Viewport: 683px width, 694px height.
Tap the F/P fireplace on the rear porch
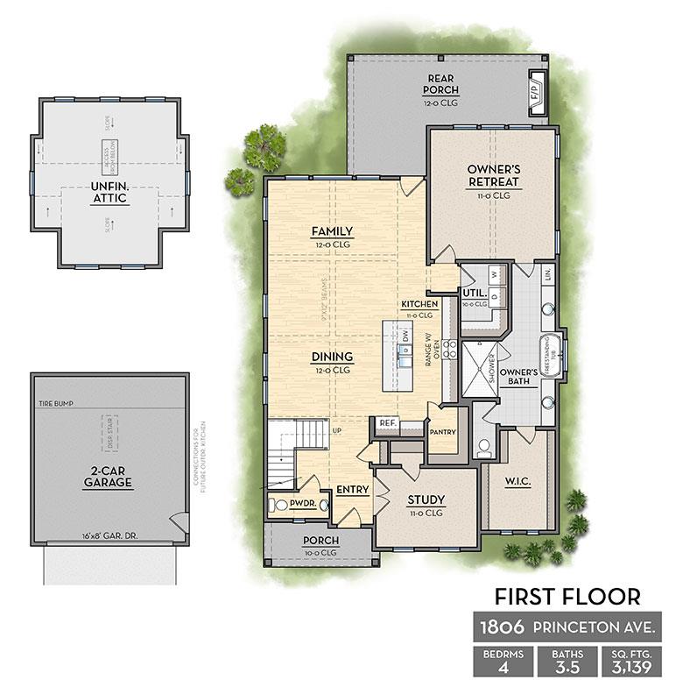click(x=534, y=89)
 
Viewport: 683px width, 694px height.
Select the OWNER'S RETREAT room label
click(x=493, y=174)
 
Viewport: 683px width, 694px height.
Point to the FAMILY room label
click(x=331, y=231)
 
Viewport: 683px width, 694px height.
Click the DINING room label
click(x=331, y=357)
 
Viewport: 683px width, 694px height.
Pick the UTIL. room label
click(x=475, y=293)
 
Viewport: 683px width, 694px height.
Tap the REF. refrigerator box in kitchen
click(x=388, y=423)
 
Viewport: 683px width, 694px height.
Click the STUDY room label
click(x=426, y=500)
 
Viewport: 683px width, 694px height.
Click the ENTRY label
click(x=352, y=490)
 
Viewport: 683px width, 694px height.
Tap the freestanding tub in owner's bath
click(x=550, y=356)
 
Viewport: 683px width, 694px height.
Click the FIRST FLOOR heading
click(x=567, y=597)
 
